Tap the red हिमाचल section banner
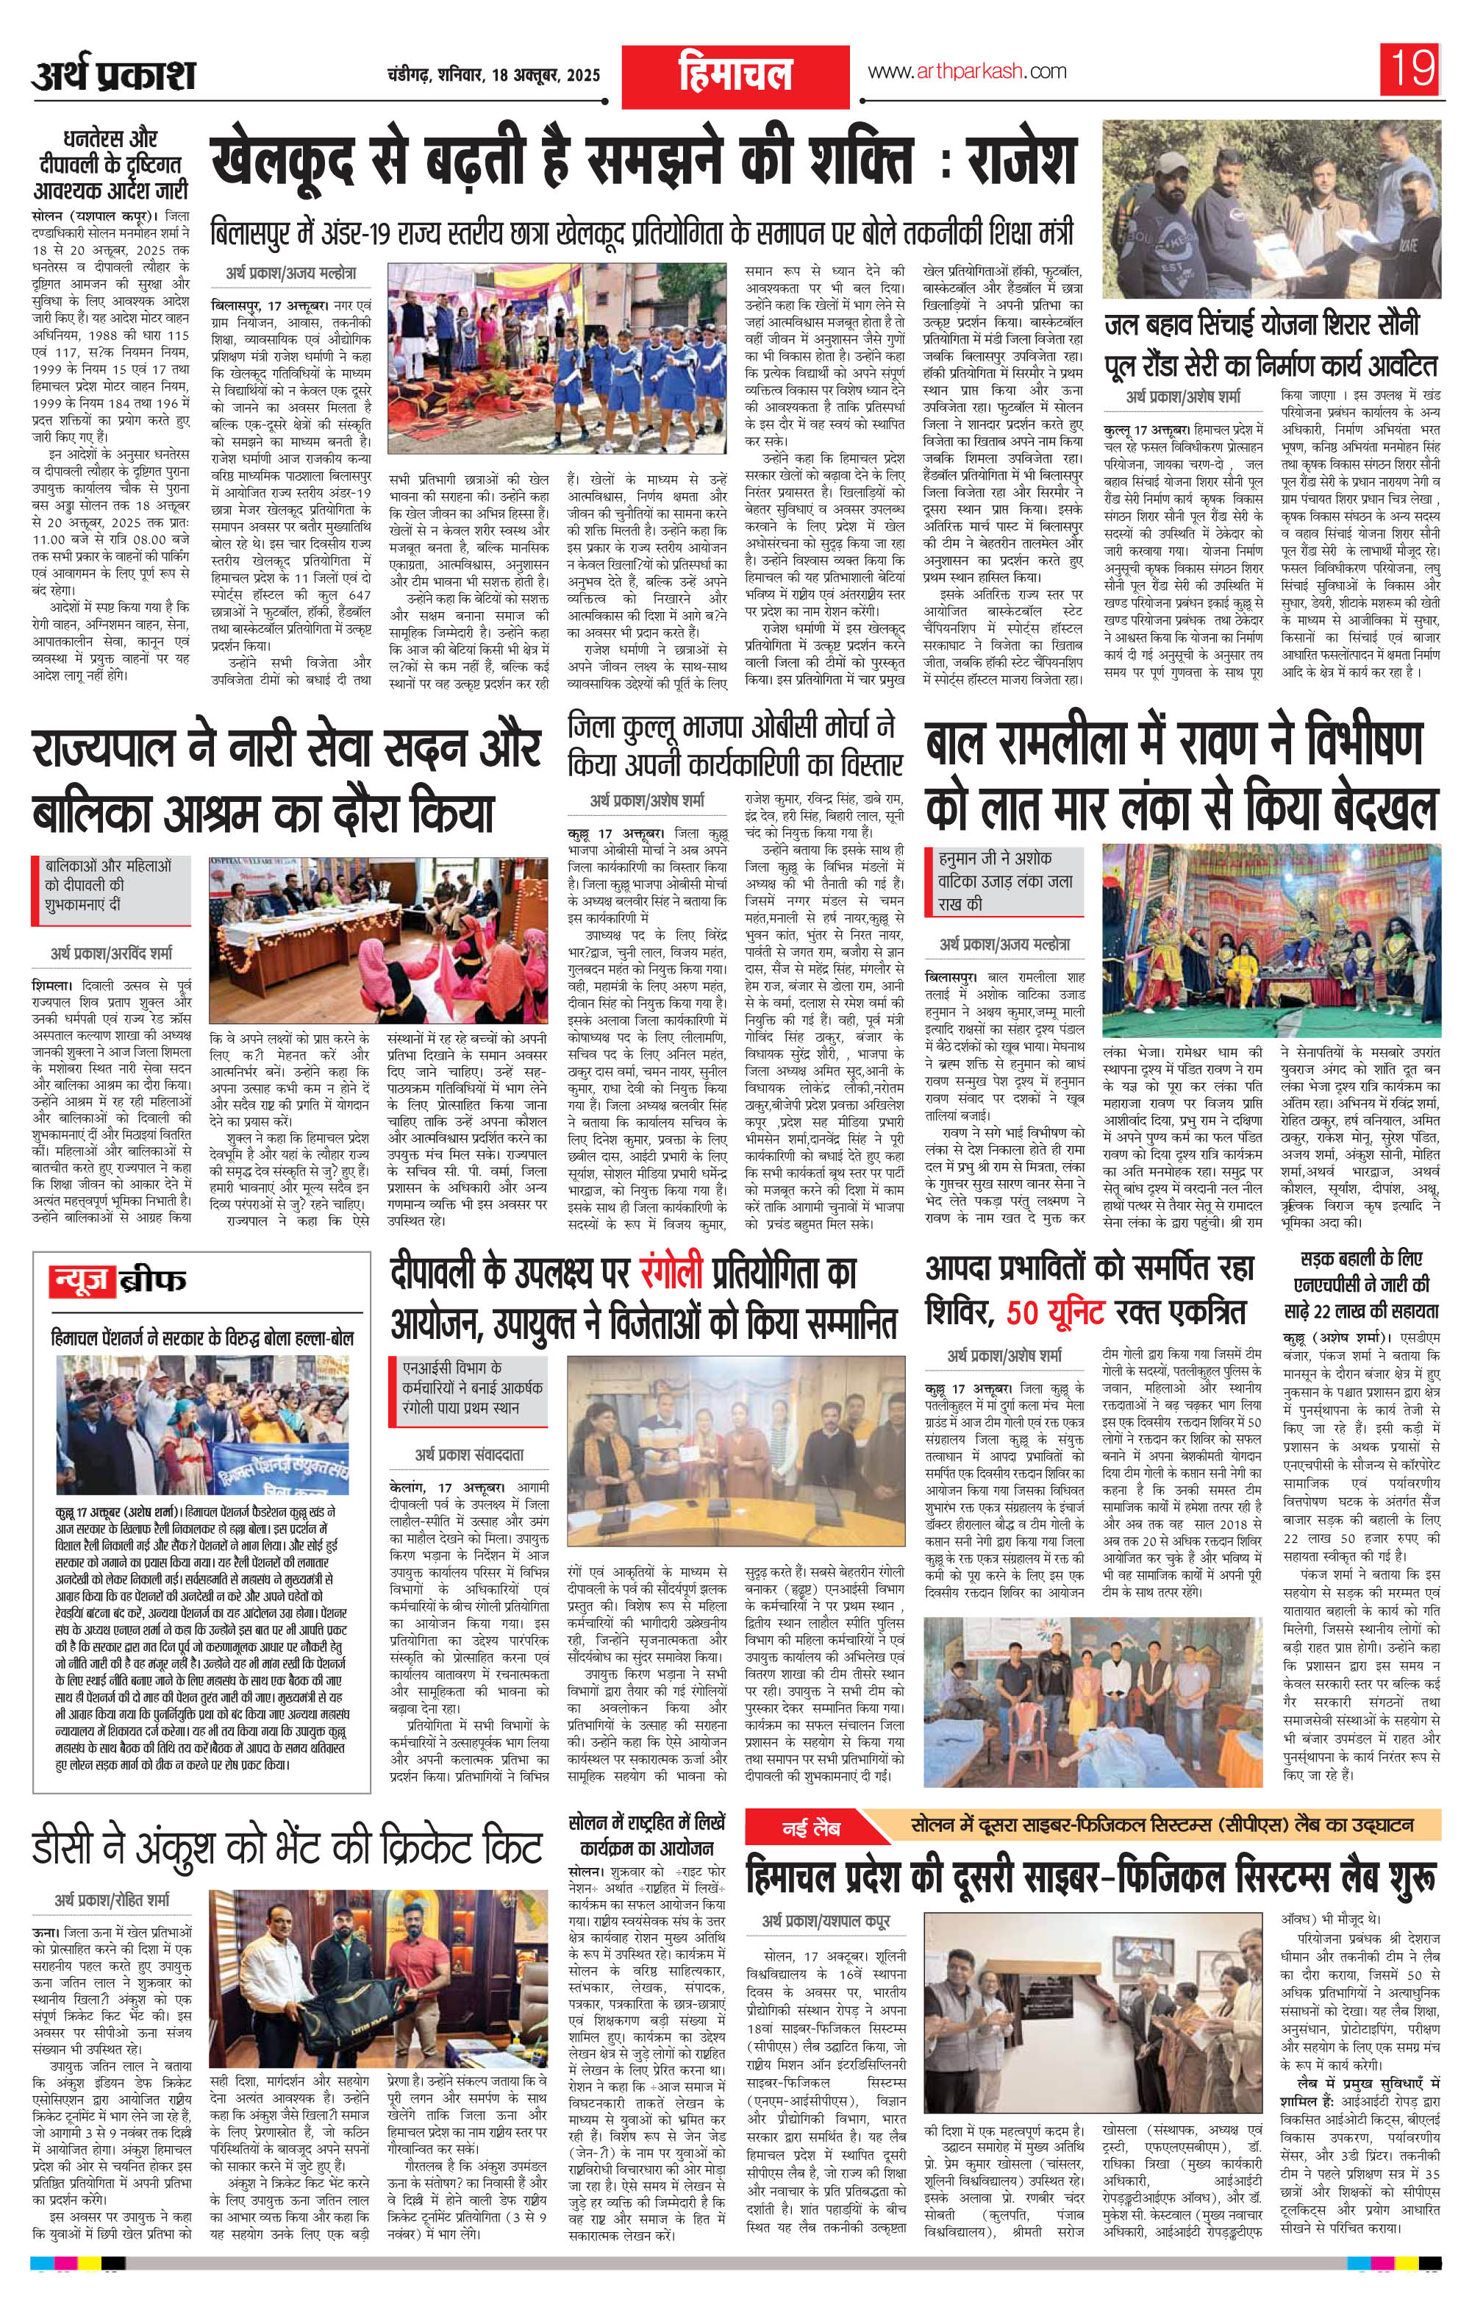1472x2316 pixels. (x=735, y=74)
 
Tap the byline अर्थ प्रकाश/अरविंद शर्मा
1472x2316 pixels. (x=112, y=954)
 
